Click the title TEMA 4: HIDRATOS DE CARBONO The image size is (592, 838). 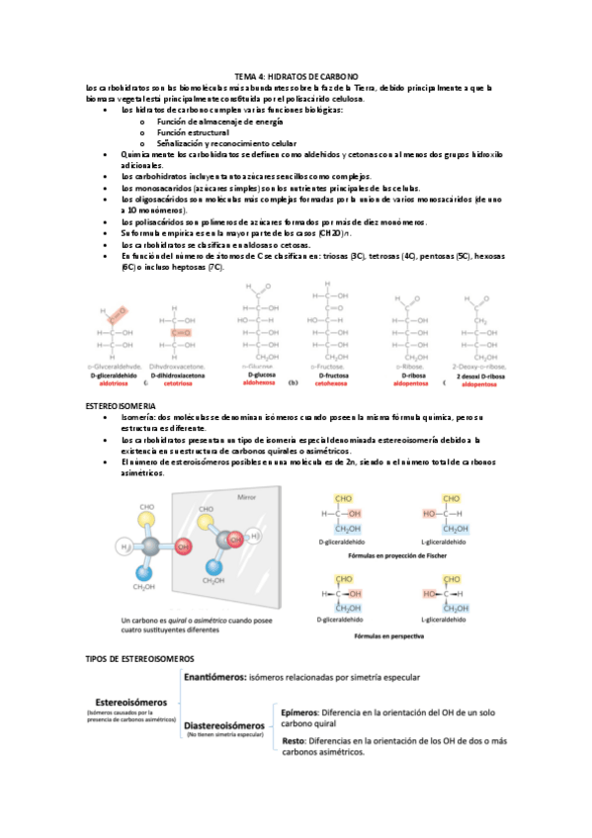[x=296, y=76]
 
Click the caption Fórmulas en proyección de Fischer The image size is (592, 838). [x=406, y=556]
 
